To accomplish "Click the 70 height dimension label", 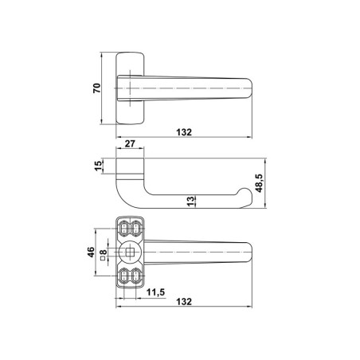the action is pyautogui.click(x=97, y=88).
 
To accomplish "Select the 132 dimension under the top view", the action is pyautogui.click(x=184, y=132).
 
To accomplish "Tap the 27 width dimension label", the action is pyautogui.click(x=130, y=143).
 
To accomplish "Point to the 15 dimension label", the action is pyautogui.click(x=98, y=166).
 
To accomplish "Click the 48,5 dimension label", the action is pyautogui.click(x=259, y=183).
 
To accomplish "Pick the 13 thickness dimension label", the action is pyautogui.click(x=190, y=202).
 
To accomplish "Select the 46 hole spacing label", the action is pyautogui.click(x=91, y=252).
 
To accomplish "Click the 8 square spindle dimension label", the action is pyautogui.click(x=104, y=252).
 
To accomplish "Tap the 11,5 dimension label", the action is pyautogui.click(x=156, y=292).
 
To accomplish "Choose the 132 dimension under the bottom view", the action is pyautogui.click(x=184, y=302).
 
